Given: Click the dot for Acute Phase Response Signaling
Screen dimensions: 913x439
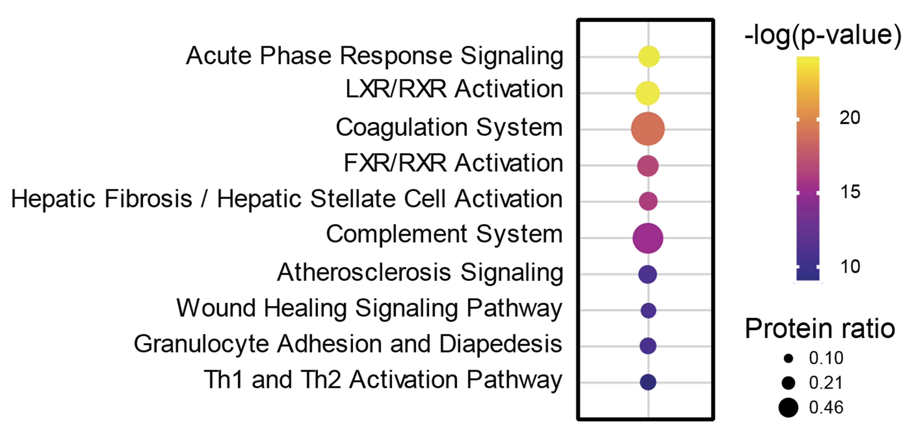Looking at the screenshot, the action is (x=649, y=56).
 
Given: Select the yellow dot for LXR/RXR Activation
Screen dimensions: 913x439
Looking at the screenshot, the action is (x=648, y=93).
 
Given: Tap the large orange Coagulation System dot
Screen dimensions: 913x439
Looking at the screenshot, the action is (x=648, y=129).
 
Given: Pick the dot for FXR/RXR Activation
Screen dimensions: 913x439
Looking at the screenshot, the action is (x=648, y=166).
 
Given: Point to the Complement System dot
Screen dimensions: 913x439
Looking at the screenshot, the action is (x=648, y=238).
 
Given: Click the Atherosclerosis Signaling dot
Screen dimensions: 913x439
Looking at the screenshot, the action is (x=648, y=274).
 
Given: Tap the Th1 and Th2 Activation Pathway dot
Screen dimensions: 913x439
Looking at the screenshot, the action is (x=648, y=382).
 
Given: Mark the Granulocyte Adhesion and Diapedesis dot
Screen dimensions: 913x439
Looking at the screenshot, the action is (x=648, y=346).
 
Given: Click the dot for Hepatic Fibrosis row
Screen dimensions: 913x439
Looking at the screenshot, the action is (x=648, y=201).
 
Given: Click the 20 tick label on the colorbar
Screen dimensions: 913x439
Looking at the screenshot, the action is (x=849, y=118).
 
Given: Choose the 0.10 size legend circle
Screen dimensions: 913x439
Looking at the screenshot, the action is (x=788, y=359).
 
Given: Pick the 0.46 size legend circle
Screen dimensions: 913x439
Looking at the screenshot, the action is (x=788, y=407).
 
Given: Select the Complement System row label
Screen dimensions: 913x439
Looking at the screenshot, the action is (x=444, y=235).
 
